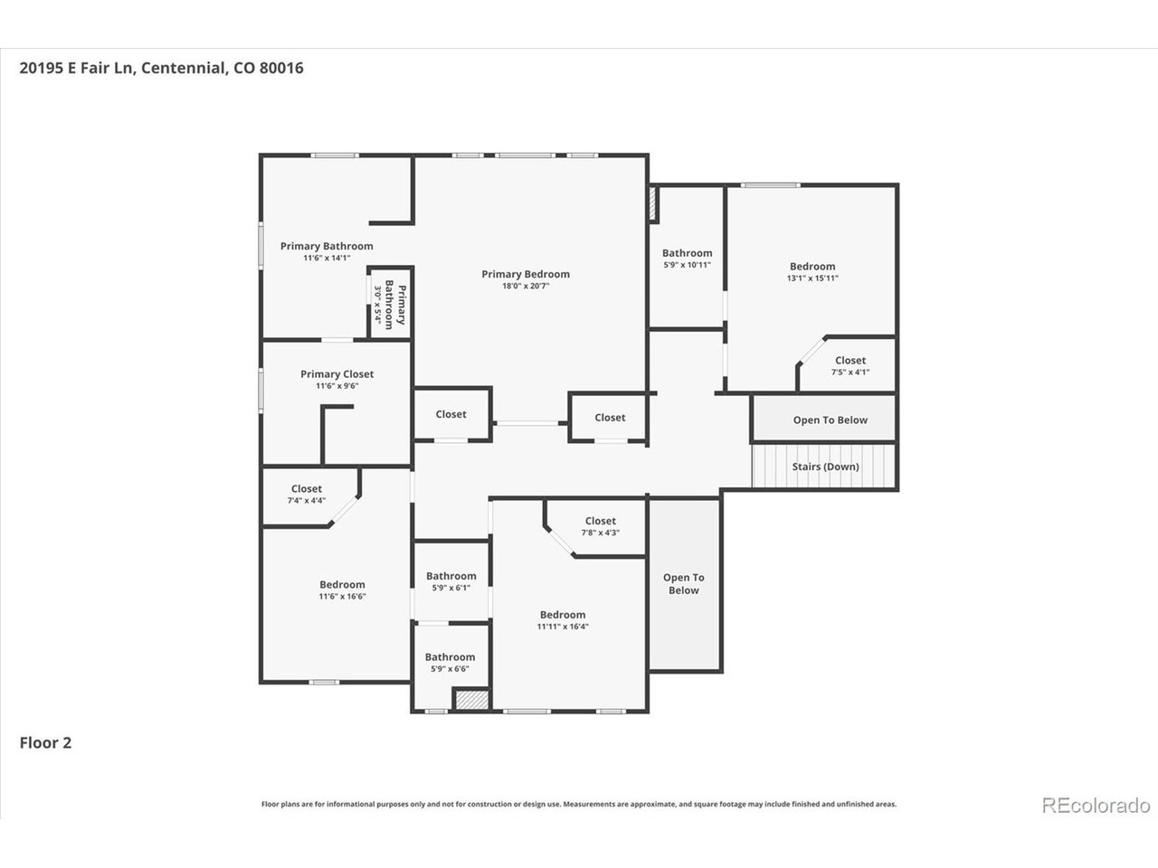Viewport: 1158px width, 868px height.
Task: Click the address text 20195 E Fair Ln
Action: pyautogui.click(x=76, y=68)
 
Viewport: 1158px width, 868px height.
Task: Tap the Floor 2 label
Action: pyautogui.click(x=45, y=742)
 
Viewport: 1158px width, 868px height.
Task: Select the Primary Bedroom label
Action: pyautogui.click(x=526, y=274)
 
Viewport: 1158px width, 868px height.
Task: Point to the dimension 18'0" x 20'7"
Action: pyautogui.click(x=526, y=287)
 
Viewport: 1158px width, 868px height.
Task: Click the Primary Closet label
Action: pyautogui.click(x=337, y=374)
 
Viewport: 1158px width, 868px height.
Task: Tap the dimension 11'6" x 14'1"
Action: pyautogui.click(x=327, y=258)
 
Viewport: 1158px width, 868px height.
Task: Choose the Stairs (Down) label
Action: pyautogui.click(x=826, y=467)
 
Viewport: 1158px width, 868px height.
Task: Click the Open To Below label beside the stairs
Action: pyautogui.click(x=831, y=420)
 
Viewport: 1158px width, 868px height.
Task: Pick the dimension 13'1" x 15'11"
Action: pyautogui.click(x=812, y=278)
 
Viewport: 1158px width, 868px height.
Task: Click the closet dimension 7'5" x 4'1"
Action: pyautogui.click(x=850, y=373)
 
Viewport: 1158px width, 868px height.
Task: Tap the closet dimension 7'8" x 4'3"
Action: pyautogui.click(x=601, y=533)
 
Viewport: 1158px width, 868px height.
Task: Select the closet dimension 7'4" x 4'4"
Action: pyautogui.click(x=307, y=500)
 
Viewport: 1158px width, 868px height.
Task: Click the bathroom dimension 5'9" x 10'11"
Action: pyautogui.click(x=687, y=265)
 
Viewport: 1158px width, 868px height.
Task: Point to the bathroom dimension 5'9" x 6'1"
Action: pyautogui.click(x=451, y=588)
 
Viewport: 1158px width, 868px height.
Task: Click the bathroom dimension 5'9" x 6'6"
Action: pyautogui.click(x=450, y=669)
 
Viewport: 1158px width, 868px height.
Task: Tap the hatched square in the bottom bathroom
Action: pyautogui.click(x=472, y=699)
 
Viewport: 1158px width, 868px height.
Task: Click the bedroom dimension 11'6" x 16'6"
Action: pyautogui.click(x=342, y=596)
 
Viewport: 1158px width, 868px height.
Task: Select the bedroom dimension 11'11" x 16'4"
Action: pyautogui.click(x=563, y=627)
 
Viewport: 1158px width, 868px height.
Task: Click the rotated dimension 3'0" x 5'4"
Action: pyautogui.click(x=378, y=305)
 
